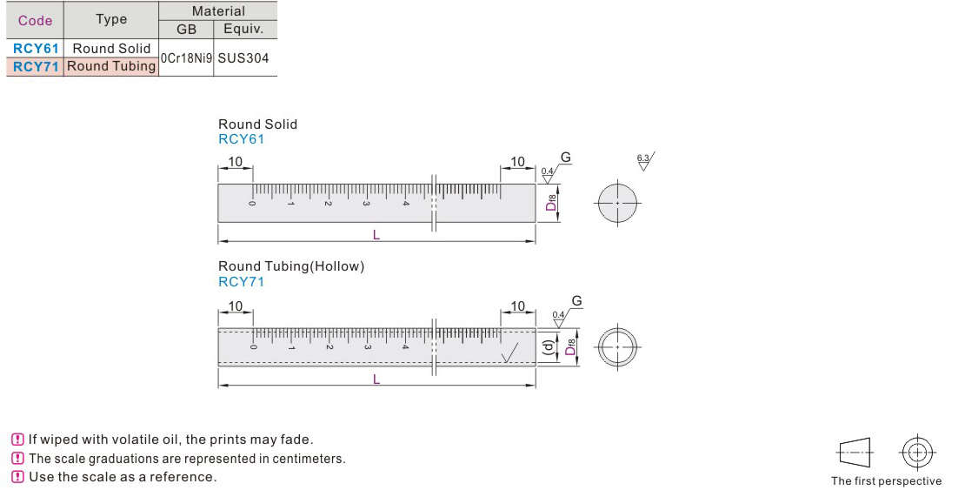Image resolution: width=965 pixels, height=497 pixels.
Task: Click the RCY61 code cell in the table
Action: tap(36, 49)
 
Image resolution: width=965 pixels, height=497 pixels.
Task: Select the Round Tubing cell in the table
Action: tap(111, 66)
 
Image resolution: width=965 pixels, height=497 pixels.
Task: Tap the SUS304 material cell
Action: tap(243, 58)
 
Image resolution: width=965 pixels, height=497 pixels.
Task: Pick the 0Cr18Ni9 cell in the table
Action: tap(186, 58)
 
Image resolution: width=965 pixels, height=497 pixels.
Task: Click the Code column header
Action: tap(35, 20)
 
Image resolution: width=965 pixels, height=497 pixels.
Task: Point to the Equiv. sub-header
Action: tap(243, 29)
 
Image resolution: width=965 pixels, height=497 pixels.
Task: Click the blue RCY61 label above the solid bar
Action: tap(242, 139)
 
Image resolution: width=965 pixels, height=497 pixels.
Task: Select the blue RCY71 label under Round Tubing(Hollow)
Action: tap(242, 282)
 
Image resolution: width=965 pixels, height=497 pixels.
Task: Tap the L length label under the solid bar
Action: tap(376, 235)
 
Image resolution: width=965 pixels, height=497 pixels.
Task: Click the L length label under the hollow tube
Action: tap(376, 379)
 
